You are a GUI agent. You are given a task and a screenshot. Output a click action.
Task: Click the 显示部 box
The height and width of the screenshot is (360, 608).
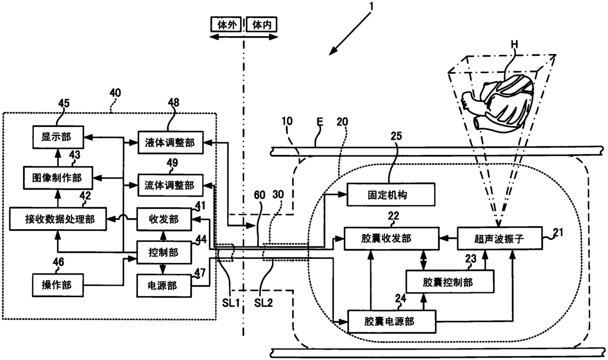point(58,137)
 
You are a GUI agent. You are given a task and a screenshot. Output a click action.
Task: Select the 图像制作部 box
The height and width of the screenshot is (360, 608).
point(58,178)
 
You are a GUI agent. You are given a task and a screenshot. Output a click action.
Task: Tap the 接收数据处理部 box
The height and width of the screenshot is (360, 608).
point(58,219)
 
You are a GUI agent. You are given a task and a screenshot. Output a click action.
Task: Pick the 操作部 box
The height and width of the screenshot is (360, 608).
point(58,285)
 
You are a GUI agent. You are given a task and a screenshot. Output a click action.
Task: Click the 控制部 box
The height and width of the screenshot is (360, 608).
point(164,252)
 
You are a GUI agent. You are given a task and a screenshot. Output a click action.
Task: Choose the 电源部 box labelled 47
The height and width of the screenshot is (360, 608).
point(164,285)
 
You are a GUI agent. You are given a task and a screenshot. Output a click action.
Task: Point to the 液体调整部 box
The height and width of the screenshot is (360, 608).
point(171,143)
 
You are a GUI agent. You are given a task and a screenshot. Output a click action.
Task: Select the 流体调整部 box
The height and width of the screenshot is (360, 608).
point(171,185)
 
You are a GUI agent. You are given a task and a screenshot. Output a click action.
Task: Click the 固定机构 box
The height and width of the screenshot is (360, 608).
point(391,194)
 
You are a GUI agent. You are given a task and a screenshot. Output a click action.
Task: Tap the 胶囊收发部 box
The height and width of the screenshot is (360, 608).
point(392,239)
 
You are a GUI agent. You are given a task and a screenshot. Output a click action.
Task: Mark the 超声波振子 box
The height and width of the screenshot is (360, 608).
point(500,238)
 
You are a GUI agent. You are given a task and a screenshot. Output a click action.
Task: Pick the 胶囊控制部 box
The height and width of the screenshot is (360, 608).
point(450,281)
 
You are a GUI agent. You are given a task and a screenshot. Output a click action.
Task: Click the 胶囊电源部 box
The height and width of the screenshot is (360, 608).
point(392,322)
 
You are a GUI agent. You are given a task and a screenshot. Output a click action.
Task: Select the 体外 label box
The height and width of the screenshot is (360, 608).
point(226,25)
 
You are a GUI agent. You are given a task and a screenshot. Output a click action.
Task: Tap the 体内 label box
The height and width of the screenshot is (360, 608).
point(261,25)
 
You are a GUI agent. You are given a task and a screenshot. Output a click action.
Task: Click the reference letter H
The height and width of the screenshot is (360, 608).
point(514,44)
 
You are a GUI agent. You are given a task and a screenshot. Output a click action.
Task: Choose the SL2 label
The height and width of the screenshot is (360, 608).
point(263,303)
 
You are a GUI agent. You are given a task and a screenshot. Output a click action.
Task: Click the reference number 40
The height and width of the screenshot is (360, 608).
point(115,93)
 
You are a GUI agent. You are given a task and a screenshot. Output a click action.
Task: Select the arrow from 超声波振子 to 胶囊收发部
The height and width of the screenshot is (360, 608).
point(448,238)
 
